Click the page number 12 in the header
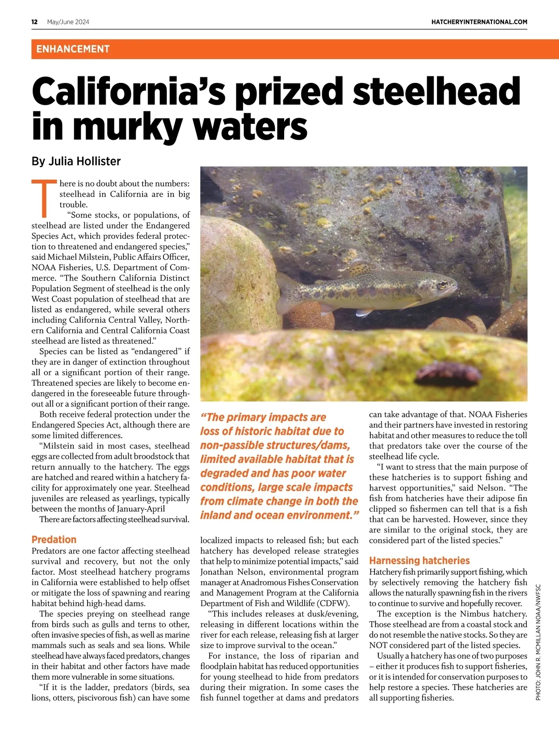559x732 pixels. pos(34,22)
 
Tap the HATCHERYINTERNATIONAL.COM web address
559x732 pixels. pos(479,22)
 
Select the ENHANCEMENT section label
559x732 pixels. pos(73,49)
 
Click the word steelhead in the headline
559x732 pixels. pos(436,91)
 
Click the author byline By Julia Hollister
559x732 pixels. pos(76,162)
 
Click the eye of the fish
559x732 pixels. pos(441,283)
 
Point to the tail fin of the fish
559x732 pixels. pos(285,294)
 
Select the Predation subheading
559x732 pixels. pos(54,540)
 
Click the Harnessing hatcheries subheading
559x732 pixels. pos(419,561)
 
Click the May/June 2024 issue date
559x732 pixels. pos(68,22)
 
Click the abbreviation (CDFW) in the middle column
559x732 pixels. pos(333,603)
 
